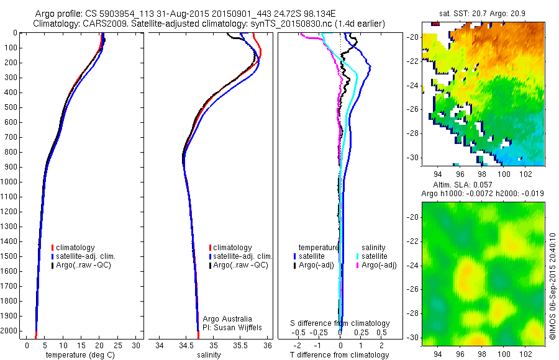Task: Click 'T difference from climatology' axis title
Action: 340,355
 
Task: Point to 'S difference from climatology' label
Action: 340,323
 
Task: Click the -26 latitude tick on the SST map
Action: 415,109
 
